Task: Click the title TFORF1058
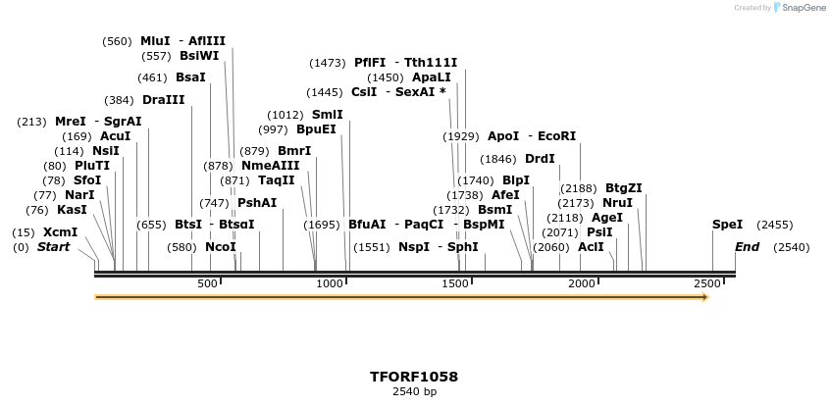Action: coord(414,377)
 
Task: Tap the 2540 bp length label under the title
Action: coord(414,392)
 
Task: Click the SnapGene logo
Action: coord(801,8)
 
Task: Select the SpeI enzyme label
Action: coord(727,225)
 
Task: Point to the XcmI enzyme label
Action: coord(60,232)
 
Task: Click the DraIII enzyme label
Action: coord(163,100)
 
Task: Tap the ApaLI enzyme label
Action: coord(432,77)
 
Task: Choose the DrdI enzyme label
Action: coord(540,159)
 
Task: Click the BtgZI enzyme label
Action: coord(623,188)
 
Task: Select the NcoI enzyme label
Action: coord(221,247)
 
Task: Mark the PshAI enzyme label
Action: coord(257,203)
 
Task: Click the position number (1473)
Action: coord(328,63)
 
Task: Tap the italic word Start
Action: coord(54,247)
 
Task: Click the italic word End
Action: coord(748,247)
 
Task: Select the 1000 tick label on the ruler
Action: coord(332,283)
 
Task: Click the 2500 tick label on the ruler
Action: coord(708,283)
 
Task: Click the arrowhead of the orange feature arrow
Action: coord(704,296)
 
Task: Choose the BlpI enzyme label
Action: coord(516,180)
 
